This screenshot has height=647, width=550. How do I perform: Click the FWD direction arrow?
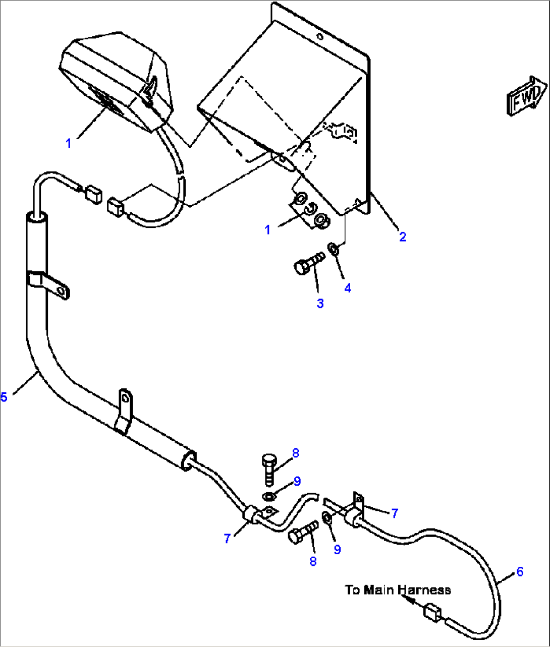526,96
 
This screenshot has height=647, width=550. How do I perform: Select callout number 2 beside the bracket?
402,237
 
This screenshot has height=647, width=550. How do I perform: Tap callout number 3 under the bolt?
320,303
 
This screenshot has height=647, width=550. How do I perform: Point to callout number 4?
348,288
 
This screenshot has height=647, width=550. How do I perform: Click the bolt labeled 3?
308,264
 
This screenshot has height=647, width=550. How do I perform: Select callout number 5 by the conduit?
4,397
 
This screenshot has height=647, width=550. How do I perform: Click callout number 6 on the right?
519,571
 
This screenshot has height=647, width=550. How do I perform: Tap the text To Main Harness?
398,590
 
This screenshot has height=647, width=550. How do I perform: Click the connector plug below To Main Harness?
432,613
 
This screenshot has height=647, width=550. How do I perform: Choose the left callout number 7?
227,539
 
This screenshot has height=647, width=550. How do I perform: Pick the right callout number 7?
395,513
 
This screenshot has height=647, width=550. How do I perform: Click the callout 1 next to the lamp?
69,143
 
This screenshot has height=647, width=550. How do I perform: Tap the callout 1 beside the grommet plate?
267,229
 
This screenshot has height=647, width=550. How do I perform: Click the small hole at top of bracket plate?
319,37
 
